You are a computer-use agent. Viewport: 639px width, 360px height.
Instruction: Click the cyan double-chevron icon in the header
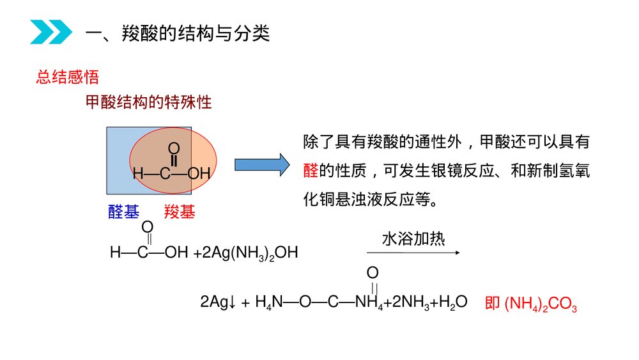(x=51, y=33)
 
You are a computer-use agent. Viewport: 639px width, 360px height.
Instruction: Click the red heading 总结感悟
(x=67, y=78)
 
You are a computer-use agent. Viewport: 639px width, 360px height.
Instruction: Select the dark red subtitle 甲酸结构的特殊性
(x=148, y=102)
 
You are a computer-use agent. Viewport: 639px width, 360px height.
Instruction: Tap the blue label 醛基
(x=123, y=212)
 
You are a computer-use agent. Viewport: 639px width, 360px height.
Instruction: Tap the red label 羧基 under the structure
(x=180, y=212)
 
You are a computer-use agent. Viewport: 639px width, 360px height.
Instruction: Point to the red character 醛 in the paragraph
(x=311, y=170)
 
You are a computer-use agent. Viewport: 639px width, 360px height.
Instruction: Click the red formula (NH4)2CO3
(x=541, y=304)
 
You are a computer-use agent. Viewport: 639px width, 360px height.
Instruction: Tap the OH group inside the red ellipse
(x=199, y=173)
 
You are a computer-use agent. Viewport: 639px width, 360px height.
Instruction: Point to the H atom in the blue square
(x=137, y=173)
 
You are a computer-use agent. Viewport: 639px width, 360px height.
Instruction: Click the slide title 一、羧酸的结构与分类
(x=178, y=33)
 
